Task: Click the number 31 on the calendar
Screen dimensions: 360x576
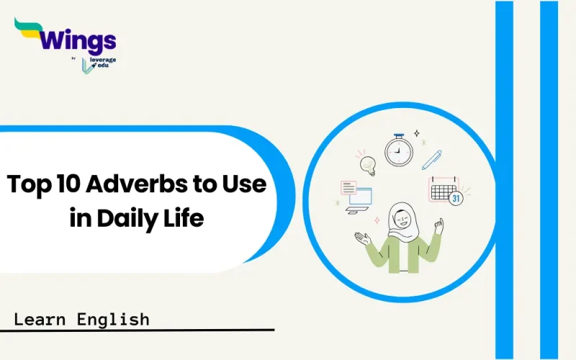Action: (x=455, y=197)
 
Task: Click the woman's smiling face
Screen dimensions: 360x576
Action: (x=400, y=217)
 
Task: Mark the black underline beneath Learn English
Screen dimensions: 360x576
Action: (x=137, y=330)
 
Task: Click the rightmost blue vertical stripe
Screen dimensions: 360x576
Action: (x=549, y=180)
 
